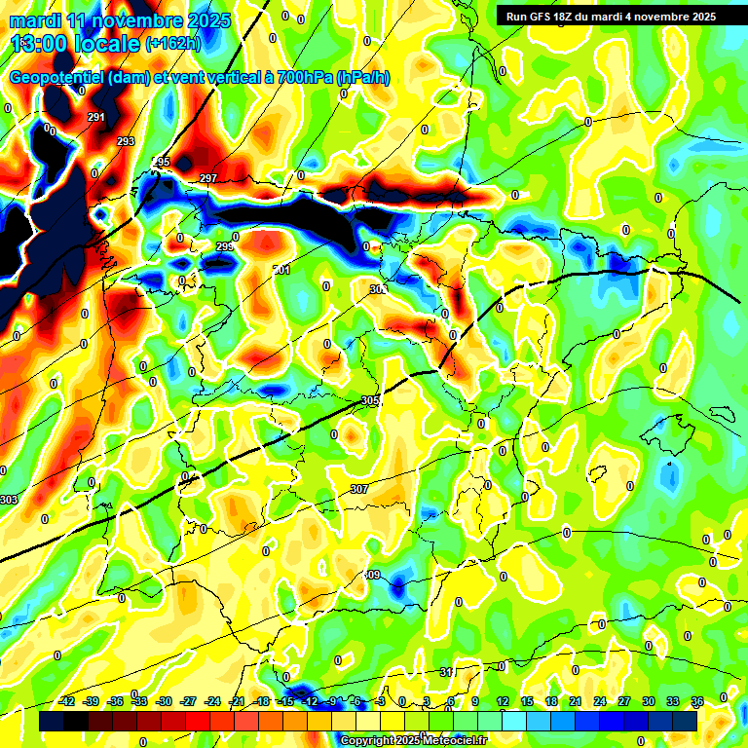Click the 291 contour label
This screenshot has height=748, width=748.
point(95,118)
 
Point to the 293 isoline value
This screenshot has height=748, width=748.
point(126,142)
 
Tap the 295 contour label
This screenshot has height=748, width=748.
point(162,162)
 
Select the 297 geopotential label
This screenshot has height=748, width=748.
point(207,178)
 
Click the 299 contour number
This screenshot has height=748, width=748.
point(225,246)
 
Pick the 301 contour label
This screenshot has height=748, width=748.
point(282,270)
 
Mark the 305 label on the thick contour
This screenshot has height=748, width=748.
point(370,401)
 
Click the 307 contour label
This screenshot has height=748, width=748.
point(359,489)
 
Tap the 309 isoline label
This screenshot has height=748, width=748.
point(371,576)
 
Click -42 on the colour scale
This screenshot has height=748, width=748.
point(67,701)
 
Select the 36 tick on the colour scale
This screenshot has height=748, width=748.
point(697,701)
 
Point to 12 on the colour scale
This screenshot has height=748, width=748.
point(502,701)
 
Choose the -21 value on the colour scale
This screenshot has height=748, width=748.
point(237,701)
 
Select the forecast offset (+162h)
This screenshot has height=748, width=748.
point(172,44)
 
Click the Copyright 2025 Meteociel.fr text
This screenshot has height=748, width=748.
point(413,740)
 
